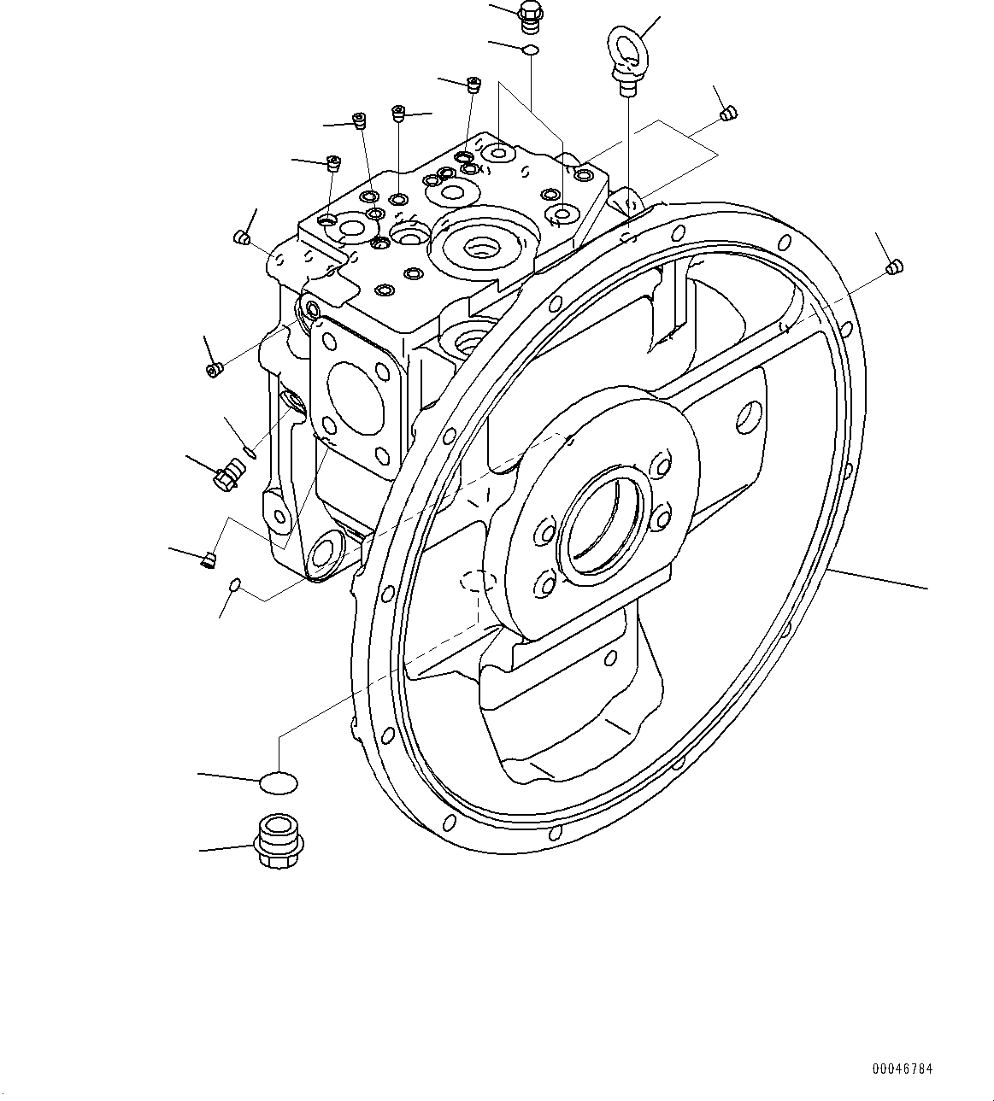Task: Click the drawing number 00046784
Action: point(902,1069)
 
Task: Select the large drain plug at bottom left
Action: point(276,840)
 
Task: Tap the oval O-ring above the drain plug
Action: point(278,781)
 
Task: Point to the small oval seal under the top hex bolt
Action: point(530,50)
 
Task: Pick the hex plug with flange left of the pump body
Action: point(229,471)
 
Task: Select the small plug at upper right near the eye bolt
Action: point(728,112)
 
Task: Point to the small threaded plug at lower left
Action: point(208,559)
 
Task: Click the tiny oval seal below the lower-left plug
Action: point(234,585)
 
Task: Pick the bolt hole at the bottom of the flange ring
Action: point(556,834)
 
